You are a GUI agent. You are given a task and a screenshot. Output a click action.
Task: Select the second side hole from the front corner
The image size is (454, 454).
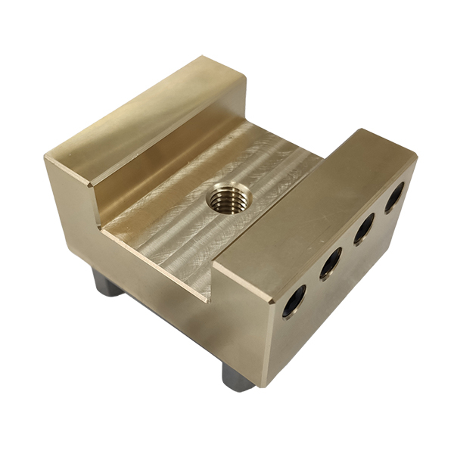pos(331,263)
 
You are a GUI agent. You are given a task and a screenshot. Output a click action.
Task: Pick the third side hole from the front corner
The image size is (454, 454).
pos(365,227)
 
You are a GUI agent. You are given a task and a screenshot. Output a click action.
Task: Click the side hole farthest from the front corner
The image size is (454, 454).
pos(394,197)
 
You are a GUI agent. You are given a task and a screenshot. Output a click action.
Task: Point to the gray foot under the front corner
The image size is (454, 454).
pos(239,375)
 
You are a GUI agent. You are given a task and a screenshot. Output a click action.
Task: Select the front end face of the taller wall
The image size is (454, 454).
pos(72,201)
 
